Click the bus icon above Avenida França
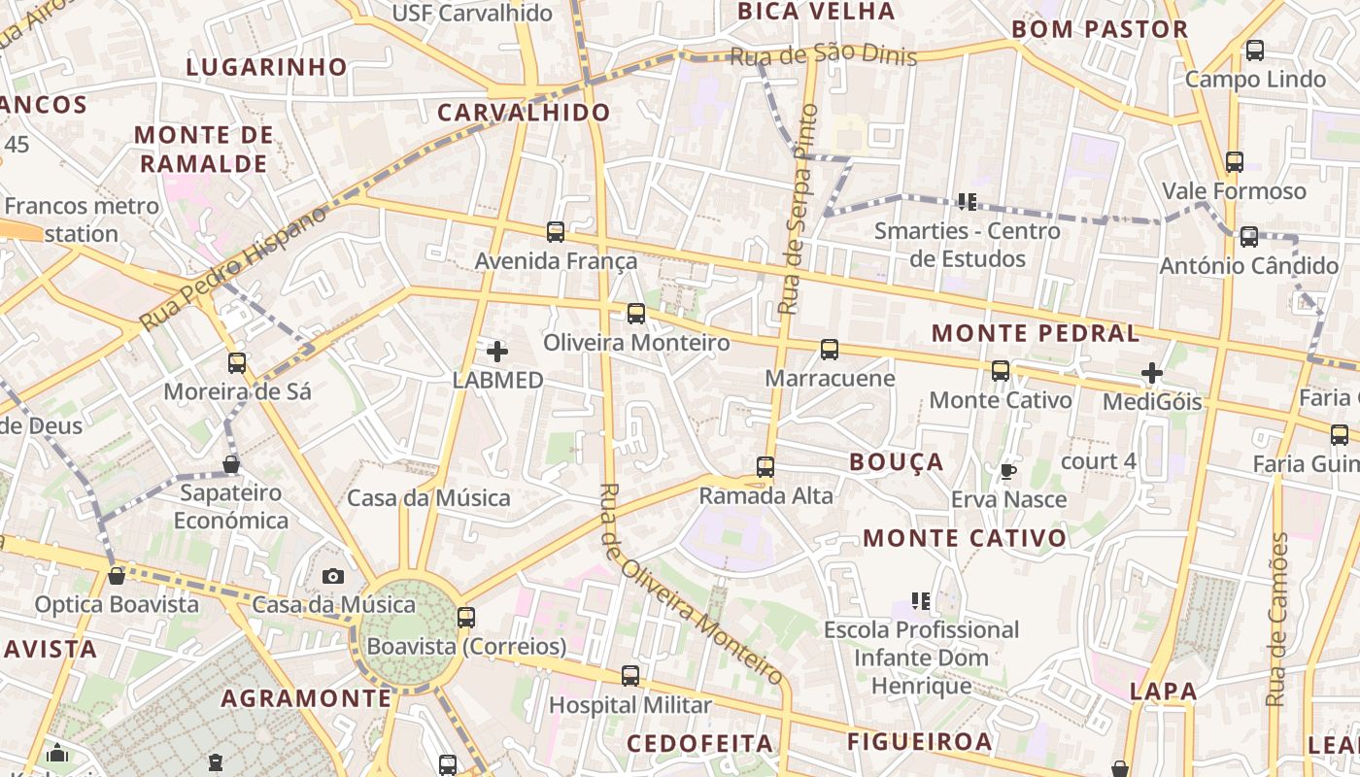pos(556,232)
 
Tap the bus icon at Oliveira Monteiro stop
pos(636,314)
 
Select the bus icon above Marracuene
pos(830,350)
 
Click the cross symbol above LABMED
pos(497,352)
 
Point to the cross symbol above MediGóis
pos(1152,373)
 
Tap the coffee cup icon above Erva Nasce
pos(1008,471)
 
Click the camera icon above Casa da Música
pos(333,576)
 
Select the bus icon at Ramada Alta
pos(765,467)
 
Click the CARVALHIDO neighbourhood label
pos(524,113)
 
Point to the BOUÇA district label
pos(897,462)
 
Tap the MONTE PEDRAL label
pos(1036,333)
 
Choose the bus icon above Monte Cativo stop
pos(1001,371)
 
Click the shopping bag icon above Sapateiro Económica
pos(231,464)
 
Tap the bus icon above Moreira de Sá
pos(237,363)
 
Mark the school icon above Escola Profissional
pos(921,601)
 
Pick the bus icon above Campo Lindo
pos(1255,51)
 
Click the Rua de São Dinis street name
pos(823,55)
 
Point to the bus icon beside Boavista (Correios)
pos(466,617)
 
